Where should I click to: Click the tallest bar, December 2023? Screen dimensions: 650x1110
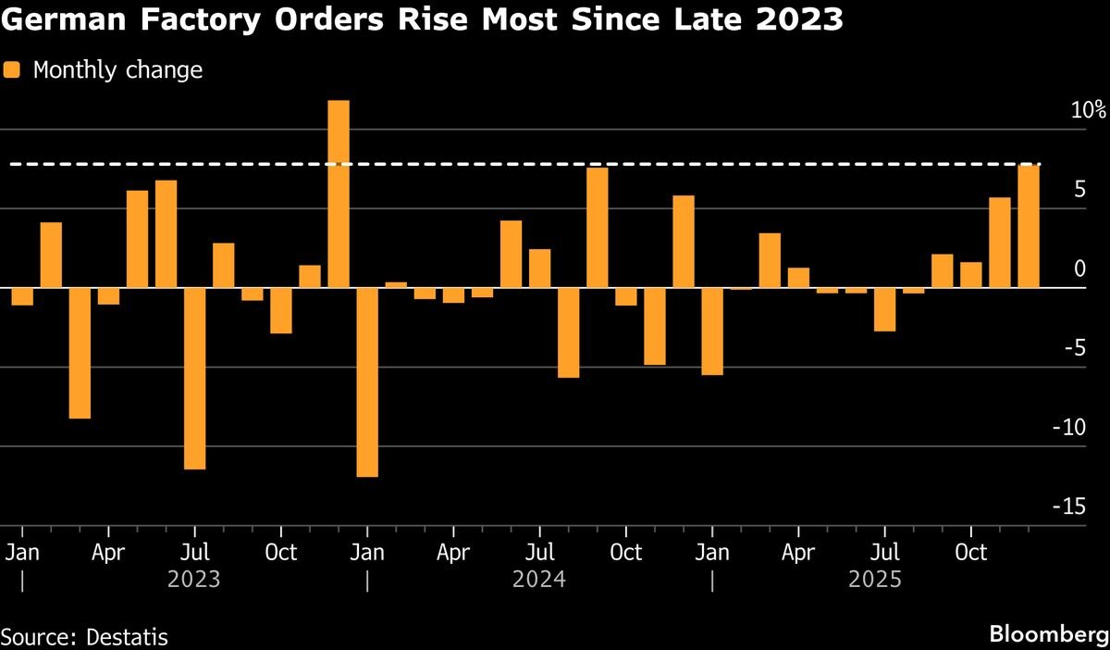tap(339, 194)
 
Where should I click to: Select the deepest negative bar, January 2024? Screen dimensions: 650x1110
tap(367, 381)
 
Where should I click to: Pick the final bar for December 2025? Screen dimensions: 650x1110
tap(1029, 226)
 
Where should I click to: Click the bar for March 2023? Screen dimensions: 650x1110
tap(80, 353)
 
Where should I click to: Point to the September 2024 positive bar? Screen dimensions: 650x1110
tap(598, 227)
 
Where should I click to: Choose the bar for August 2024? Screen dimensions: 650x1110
tap(569, 332)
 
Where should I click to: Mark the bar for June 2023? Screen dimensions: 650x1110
tap(166, 233)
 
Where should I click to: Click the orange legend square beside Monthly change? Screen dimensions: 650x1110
tap(12, 69)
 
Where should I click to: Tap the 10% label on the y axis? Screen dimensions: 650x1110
tap(1088, 110)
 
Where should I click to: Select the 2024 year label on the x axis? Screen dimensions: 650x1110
tap(539, 581)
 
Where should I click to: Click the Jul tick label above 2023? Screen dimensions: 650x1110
tap(194, 553)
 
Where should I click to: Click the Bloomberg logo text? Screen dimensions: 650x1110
tap(1049, 634)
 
